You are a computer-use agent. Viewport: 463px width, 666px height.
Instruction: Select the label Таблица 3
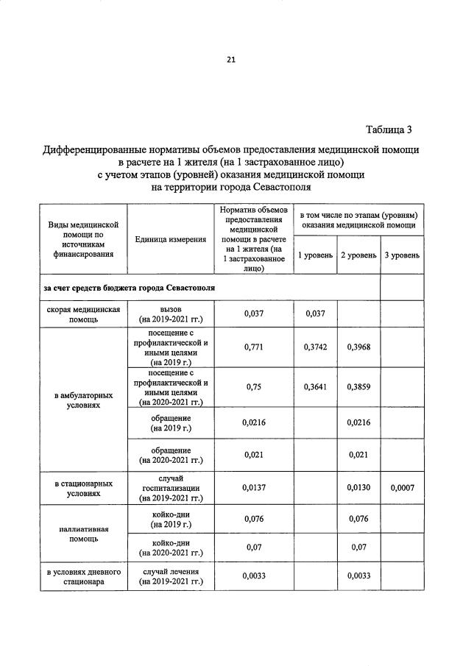(394, 130)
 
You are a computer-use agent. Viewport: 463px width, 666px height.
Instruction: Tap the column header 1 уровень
(315, 255)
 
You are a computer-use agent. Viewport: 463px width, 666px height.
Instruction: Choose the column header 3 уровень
(401, 255)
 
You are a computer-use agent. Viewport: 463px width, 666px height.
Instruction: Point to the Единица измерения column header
(170, 240)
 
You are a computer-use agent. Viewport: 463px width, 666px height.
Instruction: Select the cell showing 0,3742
(315, 347)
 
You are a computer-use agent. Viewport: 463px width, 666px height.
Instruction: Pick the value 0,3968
(358, 347)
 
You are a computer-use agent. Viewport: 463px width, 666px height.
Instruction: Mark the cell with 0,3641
(315, 387)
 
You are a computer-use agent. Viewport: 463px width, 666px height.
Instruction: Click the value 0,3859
(358, 387)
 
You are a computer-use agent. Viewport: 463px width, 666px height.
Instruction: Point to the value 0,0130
(358, 487)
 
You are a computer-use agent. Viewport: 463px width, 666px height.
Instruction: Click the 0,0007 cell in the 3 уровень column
(402, 487)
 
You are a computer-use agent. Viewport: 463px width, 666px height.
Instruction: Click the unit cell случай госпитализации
(170, 488)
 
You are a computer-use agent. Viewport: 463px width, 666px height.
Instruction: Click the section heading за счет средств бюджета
(130, 287)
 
